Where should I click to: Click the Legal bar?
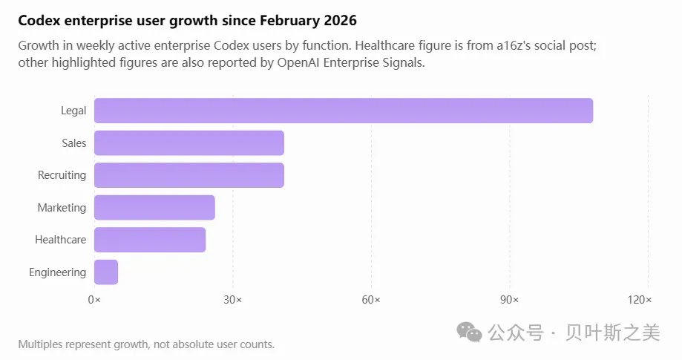coord(344,111)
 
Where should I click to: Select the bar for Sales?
coord(189,143)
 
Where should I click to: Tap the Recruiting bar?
coord(189,175)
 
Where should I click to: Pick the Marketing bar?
coord(154,207)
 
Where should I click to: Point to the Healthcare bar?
coord(150,240)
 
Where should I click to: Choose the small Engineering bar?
coord(106,272)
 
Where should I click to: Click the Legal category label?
coord(73,111)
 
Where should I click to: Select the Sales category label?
coord(74,143)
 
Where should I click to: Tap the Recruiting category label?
coord(62,175)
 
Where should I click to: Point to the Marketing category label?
coord(62,208)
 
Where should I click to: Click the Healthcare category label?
coord(60,240)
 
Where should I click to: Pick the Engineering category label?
coord(57,272)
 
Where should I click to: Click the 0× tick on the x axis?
coord(94,300)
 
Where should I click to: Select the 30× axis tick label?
coord(233,300)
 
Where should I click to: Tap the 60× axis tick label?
coord(371,300)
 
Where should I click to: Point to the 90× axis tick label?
coord(509,300)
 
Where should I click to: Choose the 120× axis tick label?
coord(640,300)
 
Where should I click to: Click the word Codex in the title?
coord(39,21)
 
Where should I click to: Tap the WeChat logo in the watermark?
coord(469,333)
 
